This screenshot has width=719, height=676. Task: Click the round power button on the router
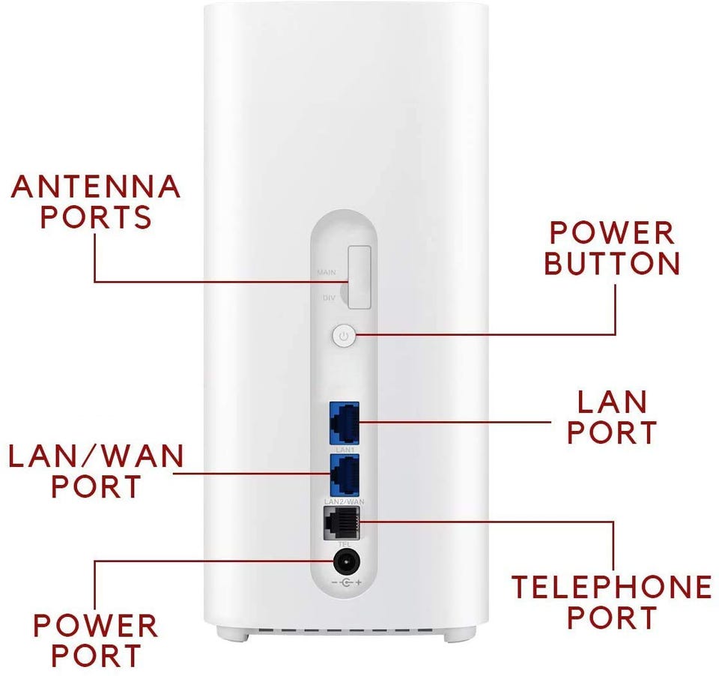coord(343,337)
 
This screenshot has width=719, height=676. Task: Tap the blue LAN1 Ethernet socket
coord(343,421)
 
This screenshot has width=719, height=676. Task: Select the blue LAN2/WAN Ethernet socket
coord(343,473)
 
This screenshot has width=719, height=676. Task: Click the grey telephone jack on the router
coord(341,522)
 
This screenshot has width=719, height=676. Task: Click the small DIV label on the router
coord(328,298)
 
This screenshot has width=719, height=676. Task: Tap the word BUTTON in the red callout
coord(612,264)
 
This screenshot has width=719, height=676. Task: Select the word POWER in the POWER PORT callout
coord(95,625)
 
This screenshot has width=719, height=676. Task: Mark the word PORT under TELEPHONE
coord(611,618)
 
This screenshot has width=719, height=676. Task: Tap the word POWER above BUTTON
coord(612,233)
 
